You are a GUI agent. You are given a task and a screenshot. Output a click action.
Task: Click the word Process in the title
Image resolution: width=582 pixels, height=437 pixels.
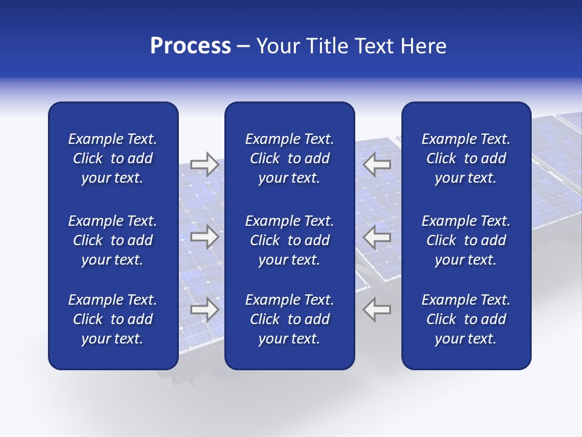[x=190, y=46]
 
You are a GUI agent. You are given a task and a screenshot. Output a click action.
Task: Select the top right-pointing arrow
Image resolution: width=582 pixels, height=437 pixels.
[x=204, y=164]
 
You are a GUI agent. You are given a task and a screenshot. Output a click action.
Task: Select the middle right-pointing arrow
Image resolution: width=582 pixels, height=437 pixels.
[x=204, y=236]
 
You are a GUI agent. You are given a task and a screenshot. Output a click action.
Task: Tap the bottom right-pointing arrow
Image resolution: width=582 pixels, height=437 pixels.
[x=204, y=310]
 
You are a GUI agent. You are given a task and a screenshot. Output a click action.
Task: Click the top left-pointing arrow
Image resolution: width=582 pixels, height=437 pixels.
[x=377, y=164]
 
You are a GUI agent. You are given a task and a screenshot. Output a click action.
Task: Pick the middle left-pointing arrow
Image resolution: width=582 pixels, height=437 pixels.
[x=377, y=236]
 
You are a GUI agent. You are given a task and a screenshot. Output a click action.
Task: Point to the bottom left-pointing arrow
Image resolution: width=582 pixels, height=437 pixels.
[x=377, y=310]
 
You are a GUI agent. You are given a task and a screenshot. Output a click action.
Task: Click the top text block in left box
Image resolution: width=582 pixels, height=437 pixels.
[x=113, y=158]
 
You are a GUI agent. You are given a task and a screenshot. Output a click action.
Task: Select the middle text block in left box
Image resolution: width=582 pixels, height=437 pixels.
[x=113, y=240]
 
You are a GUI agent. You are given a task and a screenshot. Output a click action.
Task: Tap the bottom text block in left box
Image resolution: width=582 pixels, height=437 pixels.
[x=113, y=319]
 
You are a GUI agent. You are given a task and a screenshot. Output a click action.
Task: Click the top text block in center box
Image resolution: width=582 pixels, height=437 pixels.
[x=289, y=158]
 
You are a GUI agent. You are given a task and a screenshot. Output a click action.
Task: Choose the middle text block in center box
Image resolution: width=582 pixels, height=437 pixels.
[x=289, y=240]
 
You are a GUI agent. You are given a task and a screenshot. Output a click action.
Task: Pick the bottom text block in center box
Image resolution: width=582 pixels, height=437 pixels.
[x=289, y=319]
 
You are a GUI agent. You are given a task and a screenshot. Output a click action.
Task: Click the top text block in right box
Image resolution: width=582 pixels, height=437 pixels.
[x=466, y=158]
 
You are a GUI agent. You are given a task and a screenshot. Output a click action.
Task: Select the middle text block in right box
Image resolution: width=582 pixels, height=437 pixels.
[x=466, y=240]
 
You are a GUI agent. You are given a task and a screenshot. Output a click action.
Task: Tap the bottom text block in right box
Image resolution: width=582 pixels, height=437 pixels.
[x=466, y=319]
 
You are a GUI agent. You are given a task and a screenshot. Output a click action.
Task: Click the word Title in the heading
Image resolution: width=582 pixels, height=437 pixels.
[x=328, y=46]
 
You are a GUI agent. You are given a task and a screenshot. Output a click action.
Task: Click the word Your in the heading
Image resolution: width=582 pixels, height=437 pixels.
[x=279, y=46]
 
